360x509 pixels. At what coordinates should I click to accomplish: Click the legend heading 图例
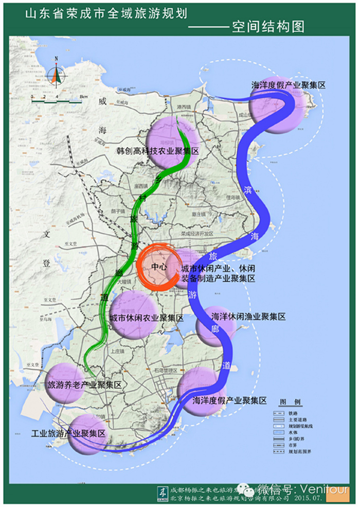coord(290,401)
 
